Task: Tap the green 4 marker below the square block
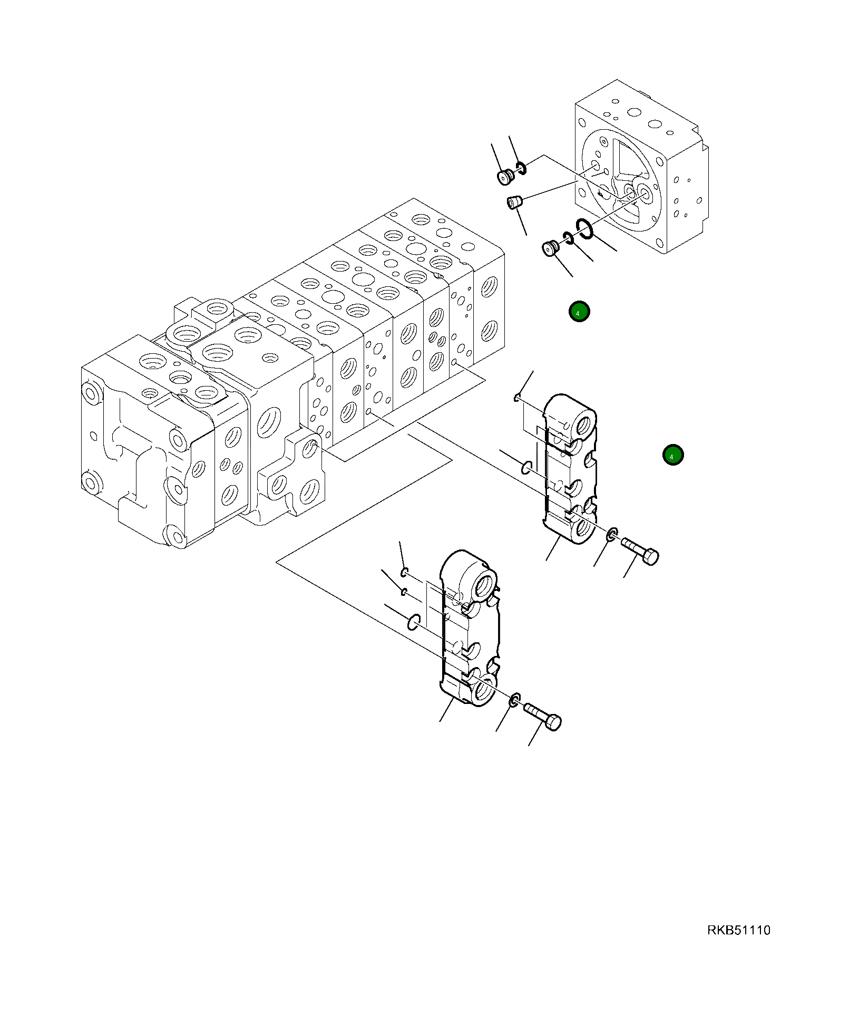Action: pyautogui.click(x=579, y=312)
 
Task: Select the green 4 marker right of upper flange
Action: pyautogui.click(x=672, y=455)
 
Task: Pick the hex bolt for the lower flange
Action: pyautogui.click(x=543, y=717)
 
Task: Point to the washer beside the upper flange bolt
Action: pyautogui.click(x=612, y=534)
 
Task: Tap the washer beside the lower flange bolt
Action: pyautogui.click(x=515, y=700)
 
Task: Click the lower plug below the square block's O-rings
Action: pyautogui.click(x=551, y=247)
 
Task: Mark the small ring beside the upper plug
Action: pyautogui.click(x=521, y=168)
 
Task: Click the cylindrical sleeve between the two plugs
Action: pyautogui.click(x=514, y=201)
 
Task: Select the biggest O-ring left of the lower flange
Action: pyautogui.click(x=414, y=622)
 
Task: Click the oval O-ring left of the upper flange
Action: pyautogui.click(x=526, y=467)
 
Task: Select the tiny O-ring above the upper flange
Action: pyautogui.click(x=518, y=398)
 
